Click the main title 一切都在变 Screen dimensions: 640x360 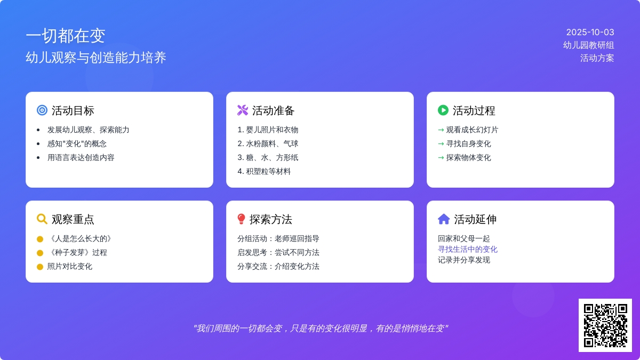tap(66, 36)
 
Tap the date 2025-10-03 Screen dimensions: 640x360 tap(590, 33)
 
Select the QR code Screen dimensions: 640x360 tap(605, 325)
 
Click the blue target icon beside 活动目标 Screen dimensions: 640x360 tap(42, 110)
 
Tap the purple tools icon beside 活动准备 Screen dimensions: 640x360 tap(243, 110)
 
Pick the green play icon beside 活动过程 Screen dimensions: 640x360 tap(443, 110)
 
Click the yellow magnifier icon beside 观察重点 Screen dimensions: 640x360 tap(42, 219)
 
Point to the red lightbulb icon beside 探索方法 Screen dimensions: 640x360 tap(241, 219)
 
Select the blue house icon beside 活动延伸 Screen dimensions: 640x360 tap(444, 219)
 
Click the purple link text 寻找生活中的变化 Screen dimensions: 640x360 tap(467, 250)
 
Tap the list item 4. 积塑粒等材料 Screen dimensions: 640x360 tap(264, 171)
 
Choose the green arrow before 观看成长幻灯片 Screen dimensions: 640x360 tap(441, 130)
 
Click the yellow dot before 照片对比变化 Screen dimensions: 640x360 tap(40, 267)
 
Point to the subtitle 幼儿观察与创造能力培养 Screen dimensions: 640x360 tap(95, 58)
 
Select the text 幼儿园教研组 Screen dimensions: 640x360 tap(589, 45)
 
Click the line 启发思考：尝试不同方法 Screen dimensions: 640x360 tap(278, 253)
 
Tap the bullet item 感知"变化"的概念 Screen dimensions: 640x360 tap(77, 143)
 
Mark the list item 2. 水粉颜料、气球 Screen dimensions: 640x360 tap(268, 143)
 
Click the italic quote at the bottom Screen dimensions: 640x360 tap(321, 329)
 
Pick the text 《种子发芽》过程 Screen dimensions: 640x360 tap(77, 253)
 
